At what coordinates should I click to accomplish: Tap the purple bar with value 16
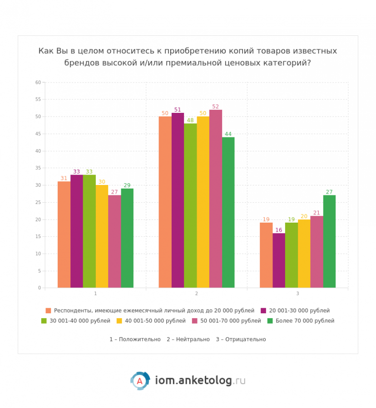[x=279, y=260]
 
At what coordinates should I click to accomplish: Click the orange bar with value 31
[x=64, y=234]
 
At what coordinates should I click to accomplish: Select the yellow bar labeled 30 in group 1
[x=102, y=236]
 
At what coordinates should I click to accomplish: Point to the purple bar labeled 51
[x=178, y=200]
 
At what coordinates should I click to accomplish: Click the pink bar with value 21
[x=317, y=252]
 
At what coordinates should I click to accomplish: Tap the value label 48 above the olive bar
[x=190, y=120]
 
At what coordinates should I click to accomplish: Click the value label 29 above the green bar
[x=127, y=185]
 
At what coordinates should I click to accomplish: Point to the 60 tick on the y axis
[x=38, y=83]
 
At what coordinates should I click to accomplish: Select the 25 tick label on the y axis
[x=38, y=202]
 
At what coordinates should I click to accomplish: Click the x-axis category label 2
[x=197, y=294]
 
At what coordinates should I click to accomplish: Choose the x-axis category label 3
[x=297, y=294]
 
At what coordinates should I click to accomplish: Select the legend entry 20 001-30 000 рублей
[x=299, y=311]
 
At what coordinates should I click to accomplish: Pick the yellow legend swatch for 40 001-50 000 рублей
[x=119, y=321]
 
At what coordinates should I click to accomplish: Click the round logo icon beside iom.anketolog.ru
[x=140, y=381]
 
